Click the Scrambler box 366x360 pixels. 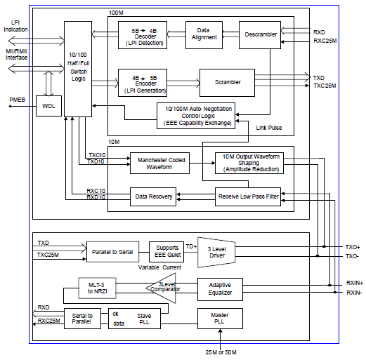228,82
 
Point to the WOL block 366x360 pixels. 48,106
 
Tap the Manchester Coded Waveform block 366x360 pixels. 160,163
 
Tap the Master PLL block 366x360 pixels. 219,319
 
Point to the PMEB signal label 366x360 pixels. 17,100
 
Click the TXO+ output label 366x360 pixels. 351,247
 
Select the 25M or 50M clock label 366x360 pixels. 220,351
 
